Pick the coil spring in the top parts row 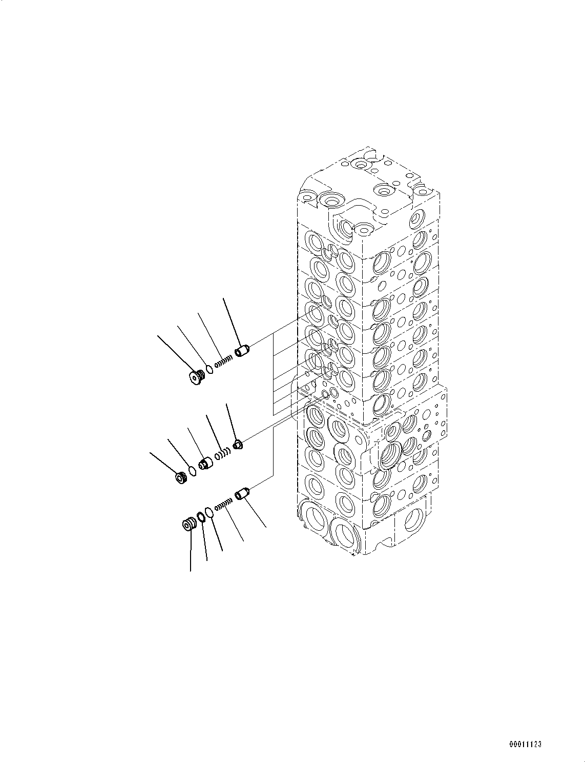(x=223, y=362)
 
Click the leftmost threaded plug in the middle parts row (x=181, y=478)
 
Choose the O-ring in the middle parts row (x=193, y=472)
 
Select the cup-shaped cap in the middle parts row (x=206, y=463)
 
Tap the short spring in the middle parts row (x=223, y=454)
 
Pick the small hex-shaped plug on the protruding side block (x=426, y=436)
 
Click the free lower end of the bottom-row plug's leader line (x=191, y=571)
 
